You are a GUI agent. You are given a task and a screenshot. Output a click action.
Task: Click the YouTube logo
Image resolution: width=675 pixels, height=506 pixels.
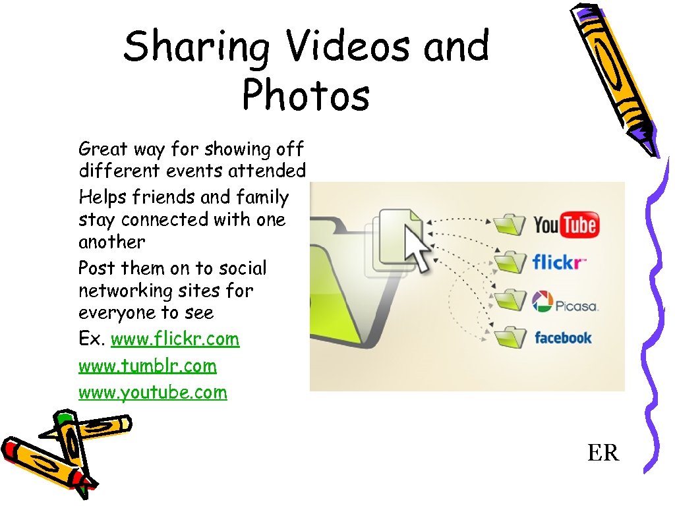coord(565,225)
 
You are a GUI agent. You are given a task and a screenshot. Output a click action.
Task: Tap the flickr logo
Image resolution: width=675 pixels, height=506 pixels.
coord(559,264)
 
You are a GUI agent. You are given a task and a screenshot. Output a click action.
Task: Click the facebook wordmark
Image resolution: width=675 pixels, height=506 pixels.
coord(563,338)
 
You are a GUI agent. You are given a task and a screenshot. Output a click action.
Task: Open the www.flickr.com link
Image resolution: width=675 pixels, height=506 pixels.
coord(175,339)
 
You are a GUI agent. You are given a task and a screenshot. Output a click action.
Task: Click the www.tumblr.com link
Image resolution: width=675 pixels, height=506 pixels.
coord(147,366)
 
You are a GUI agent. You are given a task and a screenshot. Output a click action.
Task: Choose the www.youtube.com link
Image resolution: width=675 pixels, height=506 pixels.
coord(152,393)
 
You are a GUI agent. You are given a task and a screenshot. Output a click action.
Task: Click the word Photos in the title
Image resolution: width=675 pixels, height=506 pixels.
coord(306,96)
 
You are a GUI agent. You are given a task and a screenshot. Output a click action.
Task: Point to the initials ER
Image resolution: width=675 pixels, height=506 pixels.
coord(603,453)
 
